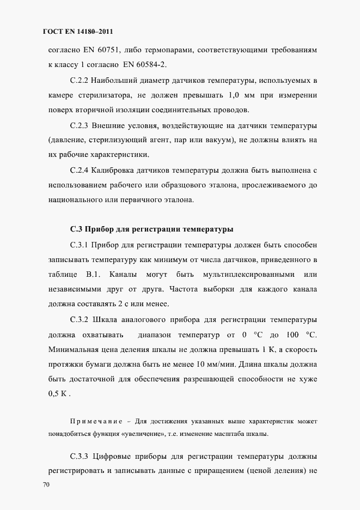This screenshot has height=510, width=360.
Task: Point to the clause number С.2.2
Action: pos(80,81)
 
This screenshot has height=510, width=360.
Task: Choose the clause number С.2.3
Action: pos(80,126)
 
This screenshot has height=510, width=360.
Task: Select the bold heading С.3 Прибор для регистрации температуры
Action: pos(152,228)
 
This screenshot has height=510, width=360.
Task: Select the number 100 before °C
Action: pos(293,333)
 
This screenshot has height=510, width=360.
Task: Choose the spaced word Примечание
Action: pos(94,422)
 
